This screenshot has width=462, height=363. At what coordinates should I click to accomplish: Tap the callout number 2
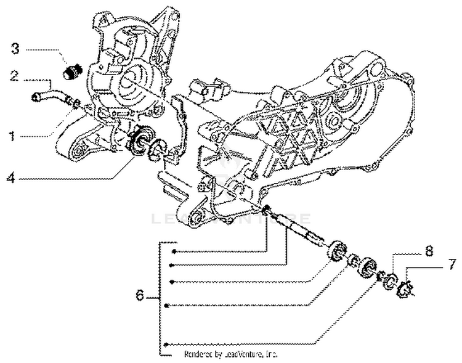[13, 76]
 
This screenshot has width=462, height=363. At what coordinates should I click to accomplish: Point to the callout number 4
[11, 179]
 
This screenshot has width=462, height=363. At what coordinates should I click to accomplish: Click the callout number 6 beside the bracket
[140, 296]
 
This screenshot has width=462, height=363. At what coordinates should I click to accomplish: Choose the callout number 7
[452, 266]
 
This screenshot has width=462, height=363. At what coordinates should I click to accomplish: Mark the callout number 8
[428, 251]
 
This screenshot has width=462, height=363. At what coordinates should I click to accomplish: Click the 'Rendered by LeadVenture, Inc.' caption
[231, 355]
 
